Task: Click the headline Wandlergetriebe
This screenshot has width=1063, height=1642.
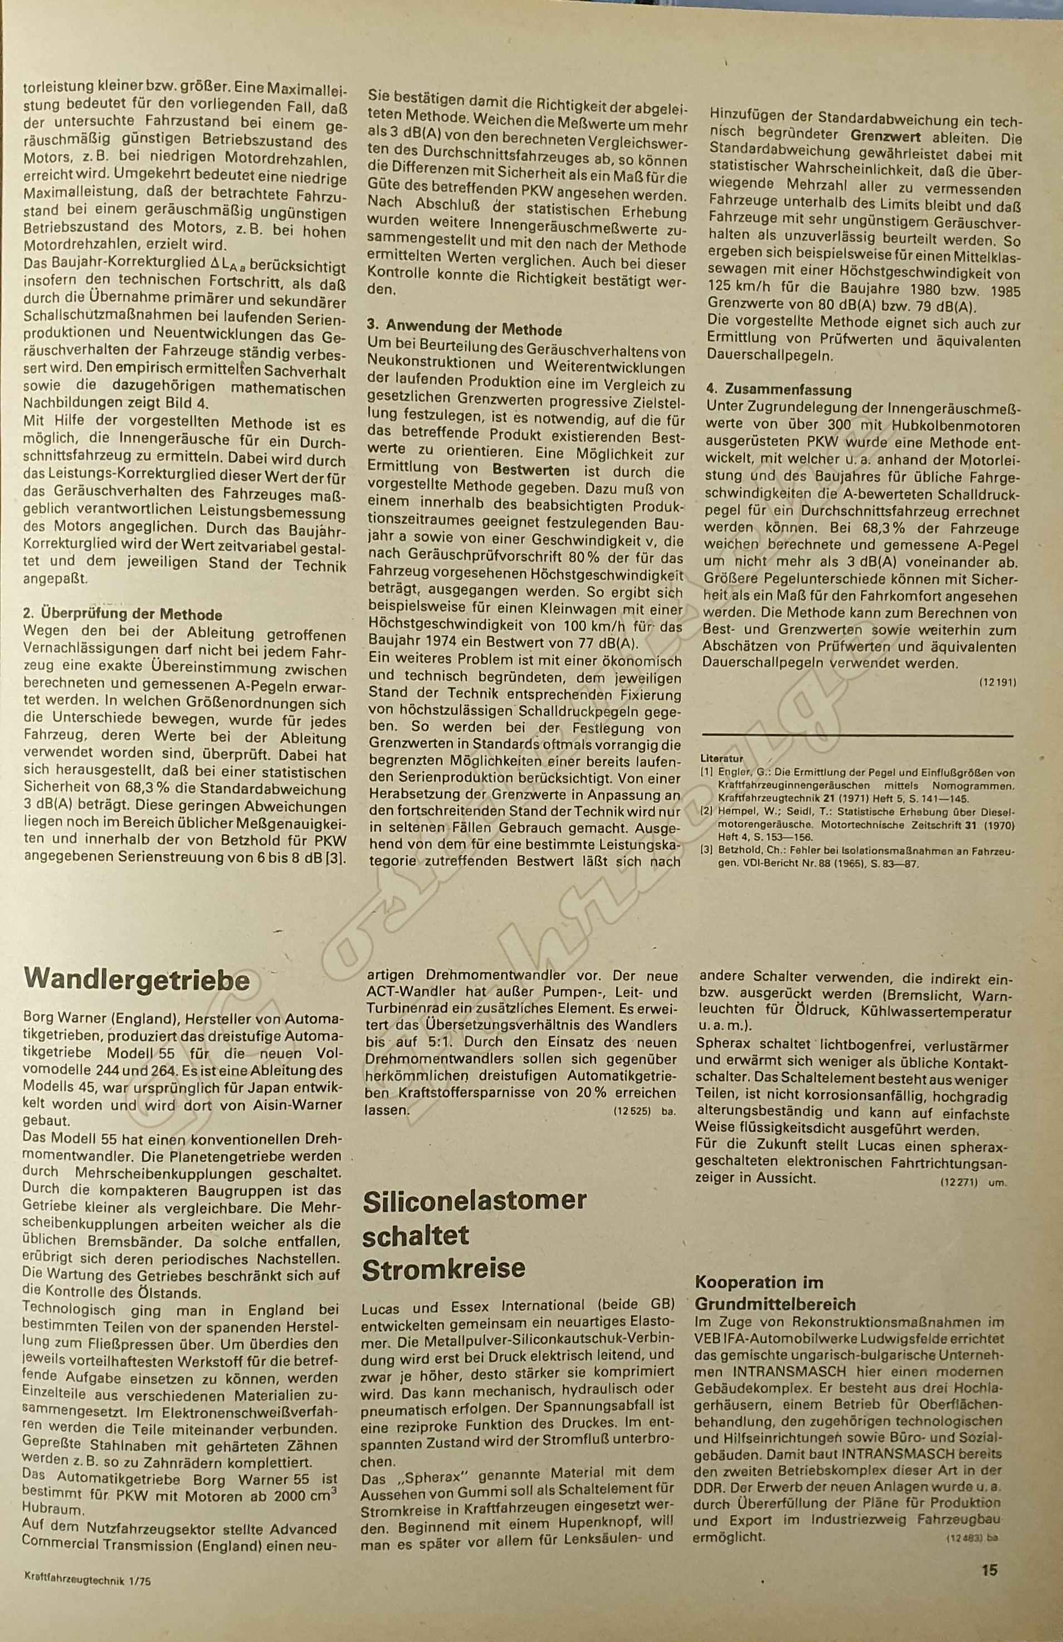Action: pos(136,980)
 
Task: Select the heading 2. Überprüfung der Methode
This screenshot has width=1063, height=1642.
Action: pos(123,614)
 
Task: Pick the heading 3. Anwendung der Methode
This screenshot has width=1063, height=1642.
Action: pos(464,330)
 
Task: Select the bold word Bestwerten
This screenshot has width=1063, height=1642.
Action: pos(530,472)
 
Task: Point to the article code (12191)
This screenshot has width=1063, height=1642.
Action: pos(997,683)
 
